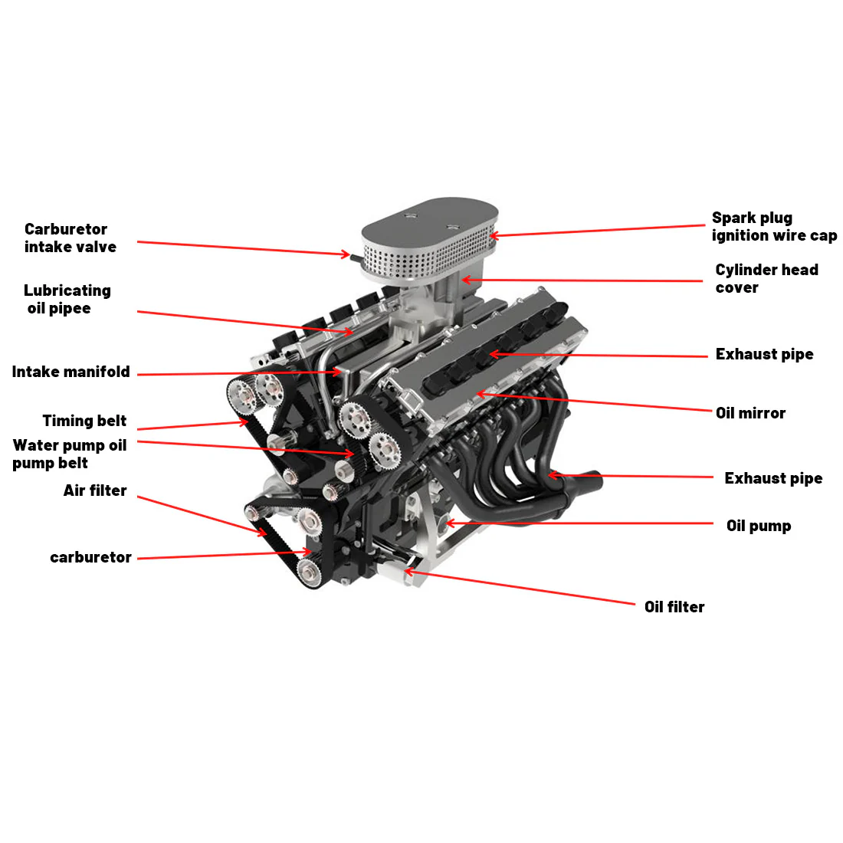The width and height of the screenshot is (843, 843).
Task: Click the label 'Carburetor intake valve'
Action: (x=70, y=238)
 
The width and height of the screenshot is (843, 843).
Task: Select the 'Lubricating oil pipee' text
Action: (x=67, y=299)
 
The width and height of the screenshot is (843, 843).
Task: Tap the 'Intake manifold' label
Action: (x=71, y=372)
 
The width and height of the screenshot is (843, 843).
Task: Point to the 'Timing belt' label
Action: (x=84, y=421)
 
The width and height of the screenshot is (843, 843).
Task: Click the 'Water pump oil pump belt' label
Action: (x=69, y=454)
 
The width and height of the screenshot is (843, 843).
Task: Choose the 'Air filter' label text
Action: (x=95, y=490)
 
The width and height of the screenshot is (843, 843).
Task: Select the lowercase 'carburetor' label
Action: (x=90, y=557)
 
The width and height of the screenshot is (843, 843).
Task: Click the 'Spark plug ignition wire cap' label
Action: (x=774, y=227)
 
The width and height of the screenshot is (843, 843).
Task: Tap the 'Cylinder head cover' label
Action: (x=766, y=278)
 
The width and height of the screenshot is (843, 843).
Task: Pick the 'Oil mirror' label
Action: (x=750, y=413)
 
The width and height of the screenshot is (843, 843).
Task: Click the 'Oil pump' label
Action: (x=759, y=526)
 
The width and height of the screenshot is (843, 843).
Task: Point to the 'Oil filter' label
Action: (x=674, y=607)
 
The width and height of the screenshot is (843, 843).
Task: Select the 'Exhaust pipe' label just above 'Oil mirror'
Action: (x=764, y=354)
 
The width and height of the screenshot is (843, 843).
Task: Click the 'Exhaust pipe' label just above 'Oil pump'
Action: (x=773, y=478)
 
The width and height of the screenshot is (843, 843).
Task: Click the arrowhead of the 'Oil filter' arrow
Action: (x=407, y=571)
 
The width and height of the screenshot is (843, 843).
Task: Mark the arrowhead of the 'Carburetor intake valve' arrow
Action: (x=347, y=254)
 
